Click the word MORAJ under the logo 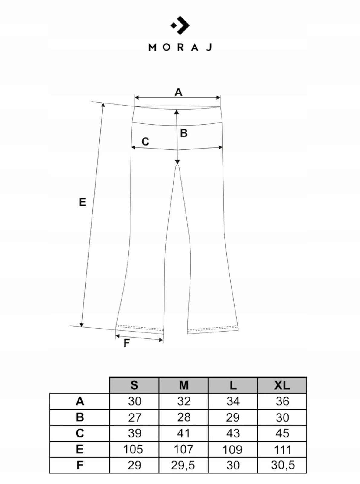click(x=180, y=47)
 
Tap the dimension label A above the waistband click(x=178, y=92)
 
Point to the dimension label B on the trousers click(x=184, y=133)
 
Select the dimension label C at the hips click(x=145, y=142)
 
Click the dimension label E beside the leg click(x=83, y=202)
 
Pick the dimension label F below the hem click(x=127, y=343)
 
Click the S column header click(x=134, y=385)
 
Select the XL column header click(x=282, y=385)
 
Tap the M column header click(x=183, y=385)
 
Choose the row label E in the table click(x=79, y=449)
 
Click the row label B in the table click(x=79, y=417)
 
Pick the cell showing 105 click(x=133, y=450)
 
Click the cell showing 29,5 click(x=183, y=465)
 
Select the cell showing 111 click(x=282, y=450)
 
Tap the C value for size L click(x=233, y=433)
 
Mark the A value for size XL click(x=282, y=401)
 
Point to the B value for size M click(x=183, y=417)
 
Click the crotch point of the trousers click(x=177, y=165)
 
